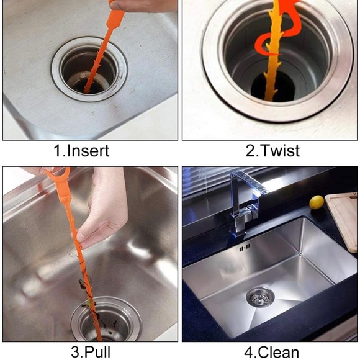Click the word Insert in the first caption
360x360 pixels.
pos(88,151)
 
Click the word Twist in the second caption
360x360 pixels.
pos(280,151)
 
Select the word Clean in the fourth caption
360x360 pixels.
pos(278,353)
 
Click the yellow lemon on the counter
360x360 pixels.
pos(317,202)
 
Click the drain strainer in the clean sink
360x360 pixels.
pos(260,298)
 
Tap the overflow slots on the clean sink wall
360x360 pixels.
pos(245,248)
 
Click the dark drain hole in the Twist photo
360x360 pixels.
pos(272,87)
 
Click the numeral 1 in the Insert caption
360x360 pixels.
pos(57,151)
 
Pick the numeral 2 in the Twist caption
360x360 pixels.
pos(250,151)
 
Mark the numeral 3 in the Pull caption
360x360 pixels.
pos(76,352)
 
